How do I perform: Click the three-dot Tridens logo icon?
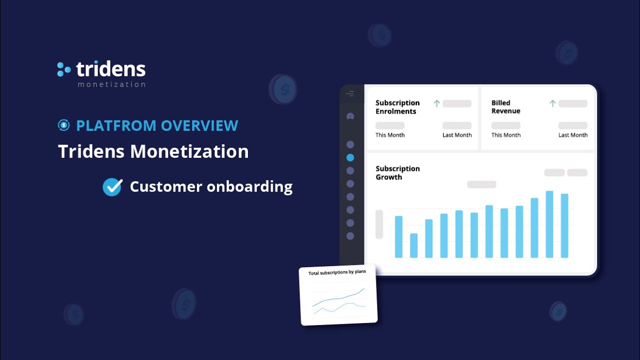[63, 69]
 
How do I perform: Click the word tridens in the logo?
[110, 69]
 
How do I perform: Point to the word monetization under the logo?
[111, 84]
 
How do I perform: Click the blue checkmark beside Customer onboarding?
[112, 187]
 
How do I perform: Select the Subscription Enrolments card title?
[397, 107]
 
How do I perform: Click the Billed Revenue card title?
[505, 107]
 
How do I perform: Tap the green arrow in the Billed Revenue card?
[552, 103]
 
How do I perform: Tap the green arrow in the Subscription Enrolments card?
[436, 103]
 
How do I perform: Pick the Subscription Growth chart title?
[397, 172]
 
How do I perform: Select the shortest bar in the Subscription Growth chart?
[413, 245]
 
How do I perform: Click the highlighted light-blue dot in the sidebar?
[350, 157]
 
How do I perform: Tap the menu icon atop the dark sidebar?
[350, 94]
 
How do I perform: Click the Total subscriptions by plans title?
[337, 272]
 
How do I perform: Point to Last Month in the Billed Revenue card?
[572, 135]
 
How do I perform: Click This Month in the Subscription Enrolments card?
[390, 135]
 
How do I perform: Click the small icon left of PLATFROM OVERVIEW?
[63, 125]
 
